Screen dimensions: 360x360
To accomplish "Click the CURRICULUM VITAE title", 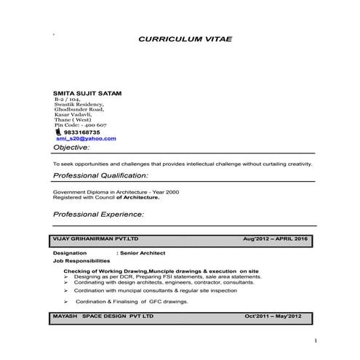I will click(x=185, y=39).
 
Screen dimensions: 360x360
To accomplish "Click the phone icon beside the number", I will click(x=58, y=132).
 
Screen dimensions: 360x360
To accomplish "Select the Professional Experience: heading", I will click(x=99, y=215).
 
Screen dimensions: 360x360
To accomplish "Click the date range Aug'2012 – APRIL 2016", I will click(x=277, y=239).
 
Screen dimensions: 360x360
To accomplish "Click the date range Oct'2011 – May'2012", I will click(x=276, y=316).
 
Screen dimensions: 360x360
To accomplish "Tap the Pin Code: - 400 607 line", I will click(x=81, y=125).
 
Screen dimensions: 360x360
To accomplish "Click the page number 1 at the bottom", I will click(x=315, y=340).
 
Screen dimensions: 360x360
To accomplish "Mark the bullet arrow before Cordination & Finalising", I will click(x=66, y=301).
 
